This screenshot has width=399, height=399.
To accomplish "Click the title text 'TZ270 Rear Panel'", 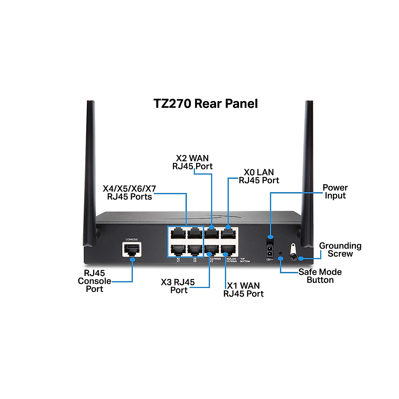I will pos(205,103).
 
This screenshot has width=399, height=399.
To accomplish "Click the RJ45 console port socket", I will pos(132,249).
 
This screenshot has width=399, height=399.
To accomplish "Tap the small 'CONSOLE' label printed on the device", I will pos(131,239).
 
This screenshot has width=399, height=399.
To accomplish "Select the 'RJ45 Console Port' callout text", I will pos(94,281).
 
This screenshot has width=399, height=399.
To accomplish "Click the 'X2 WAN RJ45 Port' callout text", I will pos(192,162).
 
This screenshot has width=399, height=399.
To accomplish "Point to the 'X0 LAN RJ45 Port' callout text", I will pos(259,176).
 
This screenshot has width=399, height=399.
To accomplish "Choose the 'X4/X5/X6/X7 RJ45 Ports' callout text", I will pos(129,193).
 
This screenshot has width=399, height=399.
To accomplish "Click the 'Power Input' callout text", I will pos(335,192).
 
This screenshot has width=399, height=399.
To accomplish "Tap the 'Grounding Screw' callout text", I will pos(340,250).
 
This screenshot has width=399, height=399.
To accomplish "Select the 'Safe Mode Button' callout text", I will pos(320,276).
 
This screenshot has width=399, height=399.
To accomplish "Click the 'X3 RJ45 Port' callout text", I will pos(178,286).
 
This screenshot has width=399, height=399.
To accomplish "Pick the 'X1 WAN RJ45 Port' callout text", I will pos(243,290).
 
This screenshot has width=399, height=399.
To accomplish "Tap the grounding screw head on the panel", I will pos(293,257).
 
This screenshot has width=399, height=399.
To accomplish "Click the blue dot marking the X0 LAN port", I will pos(228,227).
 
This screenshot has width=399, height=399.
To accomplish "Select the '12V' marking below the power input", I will pos(269,260).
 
